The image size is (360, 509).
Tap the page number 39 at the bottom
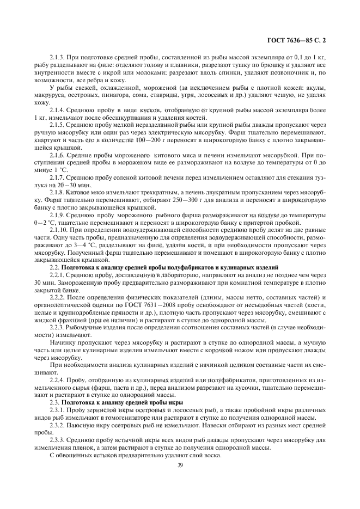pyautogui.click(x=180, y=464)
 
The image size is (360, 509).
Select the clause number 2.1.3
pyautogui.click(x=58, y=57)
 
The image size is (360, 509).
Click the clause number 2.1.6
pyautogui.click(x=58, y=155)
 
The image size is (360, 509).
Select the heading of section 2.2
pyautogui.click(x=164, y=267)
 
